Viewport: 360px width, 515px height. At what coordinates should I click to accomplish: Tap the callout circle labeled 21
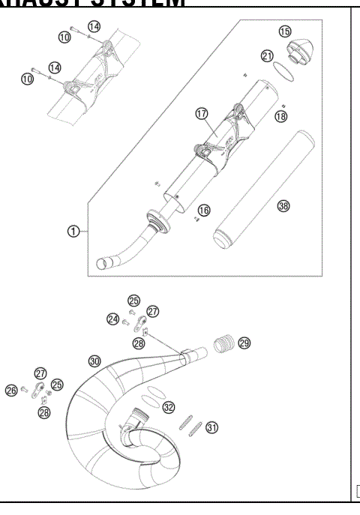[267, 56]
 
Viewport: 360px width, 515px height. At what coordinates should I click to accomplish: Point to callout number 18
[280, 116]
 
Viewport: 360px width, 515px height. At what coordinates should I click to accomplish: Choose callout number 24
[112, 319]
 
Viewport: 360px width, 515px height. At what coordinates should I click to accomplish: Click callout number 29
[244, 343]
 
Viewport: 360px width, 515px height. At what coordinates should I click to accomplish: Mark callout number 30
[94, 361]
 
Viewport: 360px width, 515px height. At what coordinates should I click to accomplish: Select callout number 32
[169, 407]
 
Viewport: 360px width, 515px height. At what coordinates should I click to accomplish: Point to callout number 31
[212, 427]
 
